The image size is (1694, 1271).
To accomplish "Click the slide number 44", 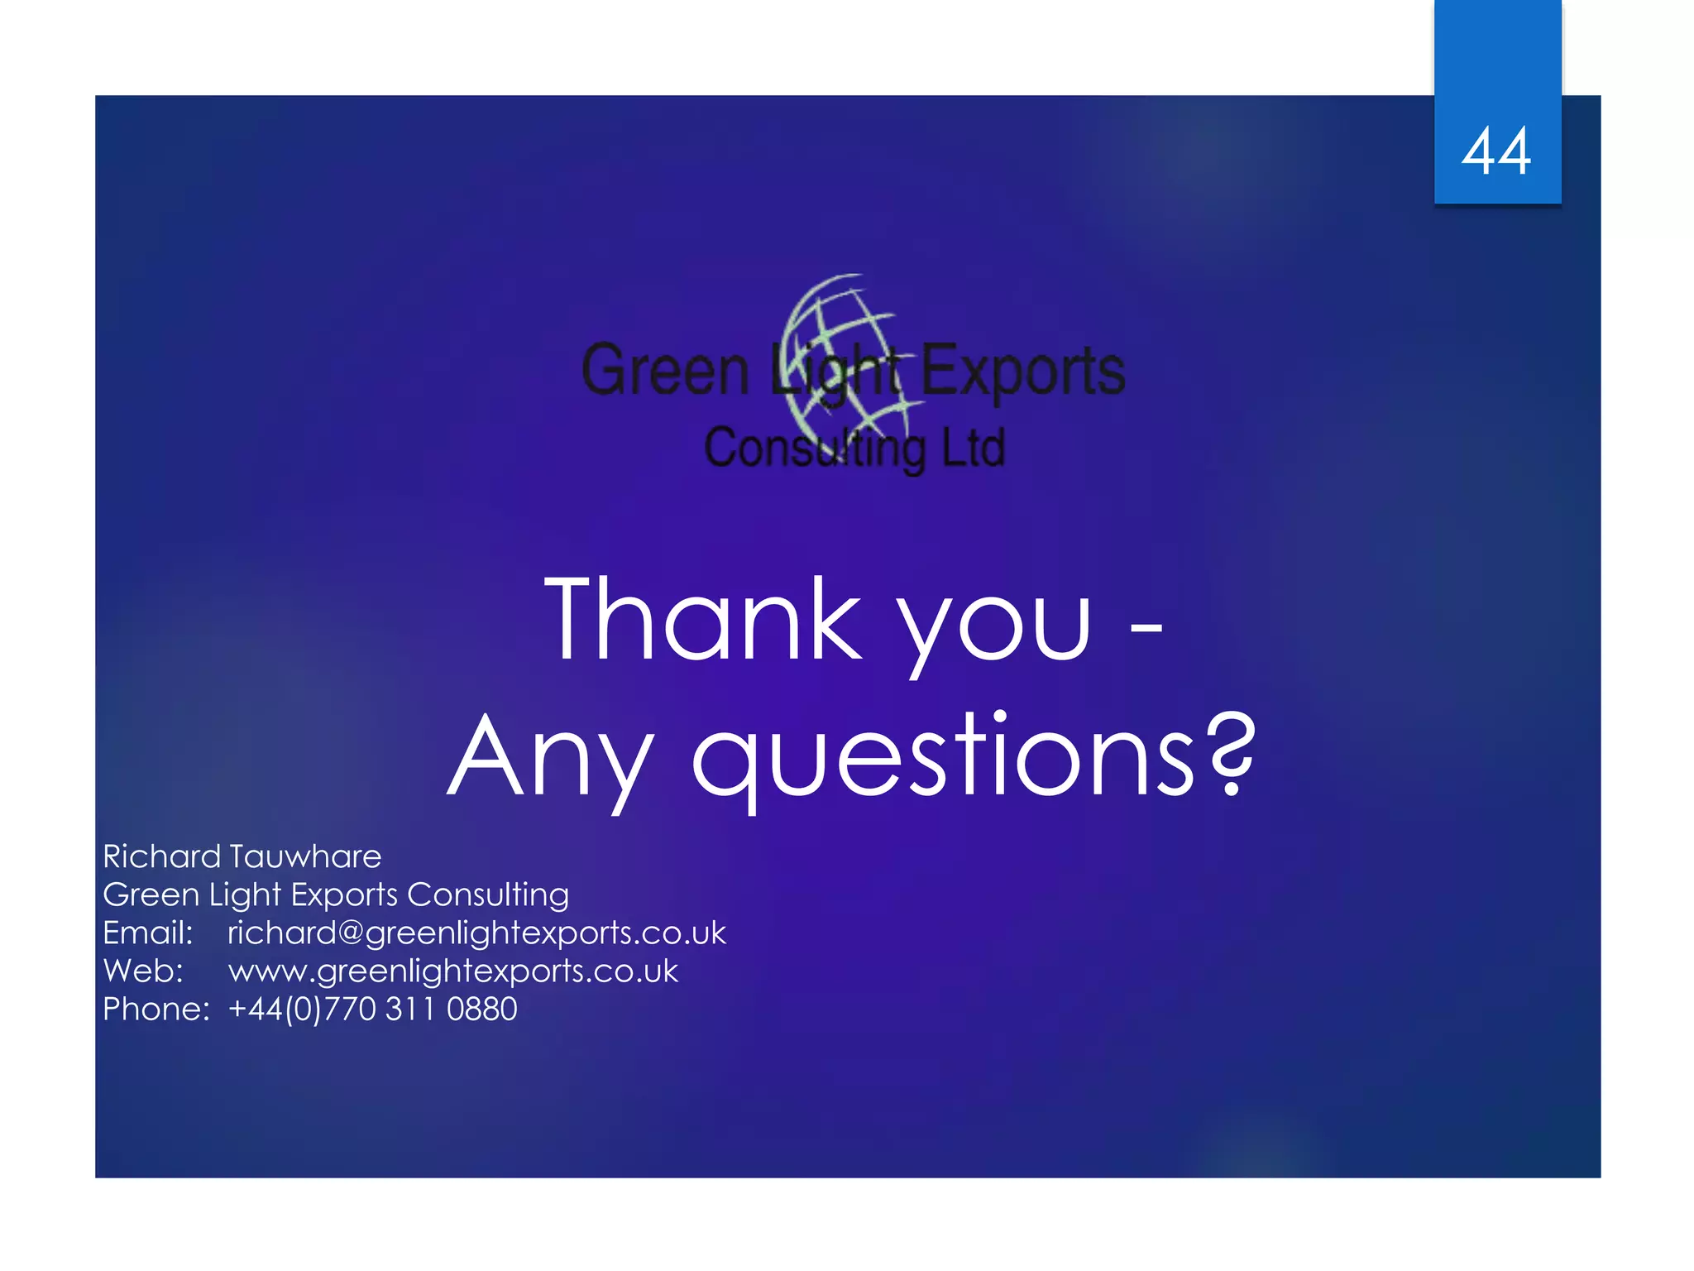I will tap(1496, 151).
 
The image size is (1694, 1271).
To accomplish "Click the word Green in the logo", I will tap(665, 370).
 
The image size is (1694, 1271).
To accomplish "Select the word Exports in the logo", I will tap(1022, 370).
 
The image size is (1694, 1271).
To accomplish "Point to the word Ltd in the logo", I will tap(974, 448).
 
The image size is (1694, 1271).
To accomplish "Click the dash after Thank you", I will tap(1146, 628).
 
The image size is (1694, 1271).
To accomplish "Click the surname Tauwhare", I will tap(305, 856).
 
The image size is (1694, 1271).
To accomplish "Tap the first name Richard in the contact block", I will tap(161, 856).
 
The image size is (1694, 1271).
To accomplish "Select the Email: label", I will tap(147, 933).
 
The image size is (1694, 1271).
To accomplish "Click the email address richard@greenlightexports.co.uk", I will tap(476, 933).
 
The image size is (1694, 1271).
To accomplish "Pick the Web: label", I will tap(142, 971).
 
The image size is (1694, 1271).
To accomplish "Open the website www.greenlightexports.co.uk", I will tap(453, 971).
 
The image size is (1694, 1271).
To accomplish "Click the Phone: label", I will tap(156, 1009).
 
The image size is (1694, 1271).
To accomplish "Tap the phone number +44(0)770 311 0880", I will tap(372, 1009).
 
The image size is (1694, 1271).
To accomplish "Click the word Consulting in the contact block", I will tap(488, 894).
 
